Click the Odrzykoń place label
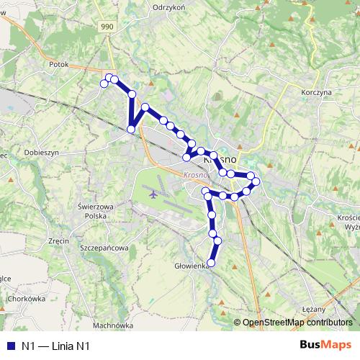pos(170,6)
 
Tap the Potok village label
pos(58,63)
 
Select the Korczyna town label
pos(316,93)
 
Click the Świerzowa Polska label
pos(96,210)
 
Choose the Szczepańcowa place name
pos(105,248)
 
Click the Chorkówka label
pos(26,297)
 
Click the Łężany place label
pos(315,307)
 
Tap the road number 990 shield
pos(107,27)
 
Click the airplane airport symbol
pos(153,193)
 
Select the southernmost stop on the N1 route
pos(212,262)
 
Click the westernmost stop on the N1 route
pos(104,84)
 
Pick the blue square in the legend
pos(10,346)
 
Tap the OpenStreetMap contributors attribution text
pos(297,323)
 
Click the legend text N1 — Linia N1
pos(55,346)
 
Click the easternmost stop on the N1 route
pos(256,181)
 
